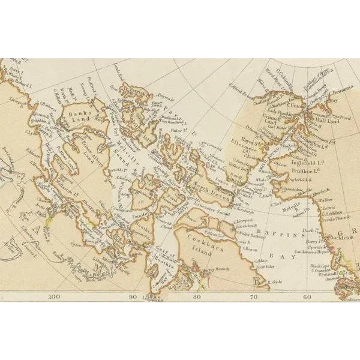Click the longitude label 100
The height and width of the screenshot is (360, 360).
pos(55,296)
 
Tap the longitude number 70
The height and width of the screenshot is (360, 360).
pos(254,296)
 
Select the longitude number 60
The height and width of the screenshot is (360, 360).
pos(307,296)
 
